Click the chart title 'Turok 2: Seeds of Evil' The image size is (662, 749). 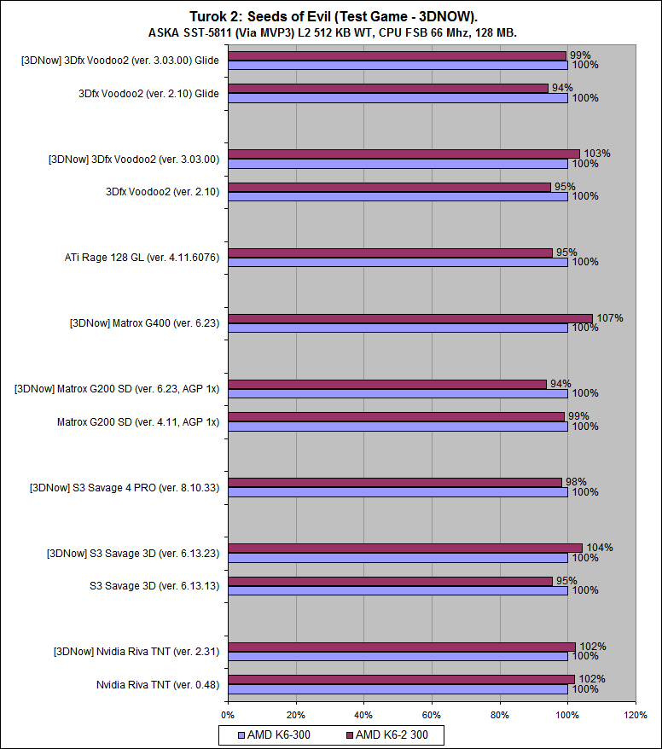331,16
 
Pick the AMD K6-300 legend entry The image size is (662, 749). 279,734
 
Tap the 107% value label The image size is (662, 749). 610,318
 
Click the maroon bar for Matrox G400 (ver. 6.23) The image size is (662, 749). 409,318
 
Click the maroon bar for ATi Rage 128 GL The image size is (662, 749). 390,253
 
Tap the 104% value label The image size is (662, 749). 600,548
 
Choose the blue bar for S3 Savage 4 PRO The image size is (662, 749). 398,492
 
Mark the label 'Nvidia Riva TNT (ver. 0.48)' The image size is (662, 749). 158,684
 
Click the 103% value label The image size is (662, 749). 597,154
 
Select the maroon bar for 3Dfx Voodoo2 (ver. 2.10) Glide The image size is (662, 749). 388,88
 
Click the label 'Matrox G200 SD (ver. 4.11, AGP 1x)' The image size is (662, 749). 138,421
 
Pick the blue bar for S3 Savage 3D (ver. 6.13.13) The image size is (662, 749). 398,590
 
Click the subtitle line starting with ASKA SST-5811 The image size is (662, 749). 331,32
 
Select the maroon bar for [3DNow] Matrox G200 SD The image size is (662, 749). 387,384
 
